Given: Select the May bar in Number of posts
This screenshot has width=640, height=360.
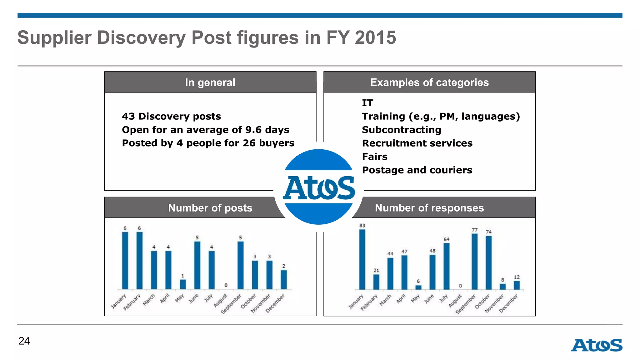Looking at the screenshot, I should (183, 284).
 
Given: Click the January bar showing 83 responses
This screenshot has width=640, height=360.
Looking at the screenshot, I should (362, 259).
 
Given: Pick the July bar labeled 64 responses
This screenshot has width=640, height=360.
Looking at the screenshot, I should (447, 266).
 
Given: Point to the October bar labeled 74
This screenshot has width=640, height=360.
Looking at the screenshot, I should (489, 262).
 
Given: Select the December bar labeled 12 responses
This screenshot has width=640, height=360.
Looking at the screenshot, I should (517, 285).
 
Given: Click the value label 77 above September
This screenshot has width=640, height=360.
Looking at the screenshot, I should (475, 230).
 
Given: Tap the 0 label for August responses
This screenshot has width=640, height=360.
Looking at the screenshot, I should (460, 286).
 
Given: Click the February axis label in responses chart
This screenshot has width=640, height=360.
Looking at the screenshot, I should (369, 302).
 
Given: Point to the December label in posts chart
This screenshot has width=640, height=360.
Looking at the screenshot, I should (275, 303).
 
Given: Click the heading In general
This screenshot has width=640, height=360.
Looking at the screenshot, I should (210, 82).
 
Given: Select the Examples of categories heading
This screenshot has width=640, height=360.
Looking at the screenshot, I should (429, 82).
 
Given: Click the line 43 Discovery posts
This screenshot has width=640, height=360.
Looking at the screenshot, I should (171, 116).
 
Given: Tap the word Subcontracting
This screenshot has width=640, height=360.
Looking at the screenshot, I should (402, 130).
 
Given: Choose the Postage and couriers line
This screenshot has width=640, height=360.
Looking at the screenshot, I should (417, 170).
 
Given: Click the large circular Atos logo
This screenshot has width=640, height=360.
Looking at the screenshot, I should (319, 187).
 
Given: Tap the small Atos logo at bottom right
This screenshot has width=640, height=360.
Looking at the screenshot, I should (597, 345).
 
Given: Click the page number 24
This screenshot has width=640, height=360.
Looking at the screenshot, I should (24, 341).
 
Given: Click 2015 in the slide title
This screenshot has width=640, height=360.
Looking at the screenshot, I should (375, 37).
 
